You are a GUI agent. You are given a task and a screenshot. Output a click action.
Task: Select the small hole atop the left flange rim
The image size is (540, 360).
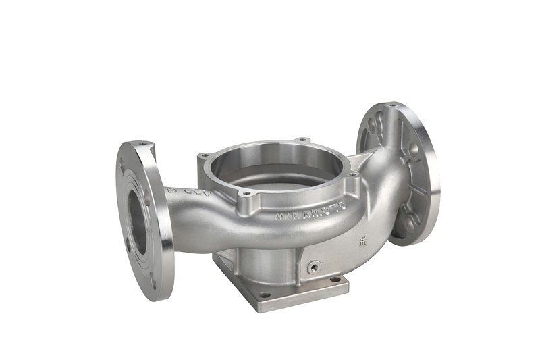(142, 143)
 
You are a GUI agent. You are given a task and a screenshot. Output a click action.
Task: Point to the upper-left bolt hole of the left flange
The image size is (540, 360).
(123, 167)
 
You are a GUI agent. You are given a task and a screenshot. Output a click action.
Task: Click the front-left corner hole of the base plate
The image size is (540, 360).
(266, 295)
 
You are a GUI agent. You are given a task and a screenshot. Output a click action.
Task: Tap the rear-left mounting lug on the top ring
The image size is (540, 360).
(205, 156)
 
